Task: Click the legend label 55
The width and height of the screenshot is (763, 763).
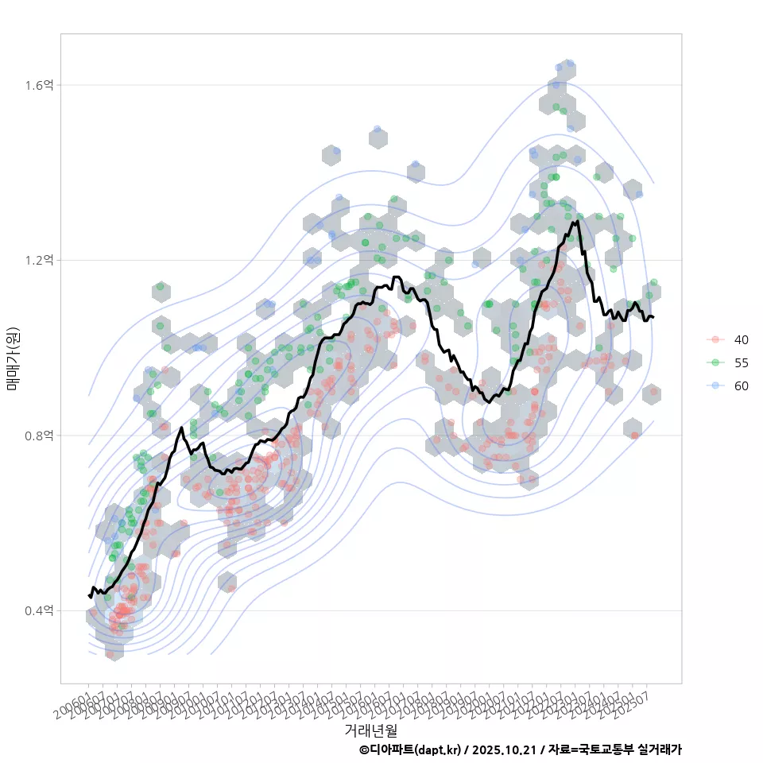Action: coord(741,362)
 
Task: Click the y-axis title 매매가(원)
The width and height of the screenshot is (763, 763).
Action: coord(14,358)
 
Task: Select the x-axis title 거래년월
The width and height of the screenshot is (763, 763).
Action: coord(370,730)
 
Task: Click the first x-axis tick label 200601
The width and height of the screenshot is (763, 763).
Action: coord(73,705)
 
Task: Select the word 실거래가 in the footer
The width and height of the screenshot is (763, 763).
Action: coord(657,749)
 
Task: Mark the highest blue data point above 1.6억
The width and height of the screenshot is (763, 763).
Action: coord(569,64)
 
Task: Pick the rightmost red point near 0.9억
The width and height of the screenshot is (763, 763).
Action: coord(653,391)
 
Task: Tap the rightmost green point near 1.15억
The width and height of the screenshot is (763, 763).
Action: coord(653,282)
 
